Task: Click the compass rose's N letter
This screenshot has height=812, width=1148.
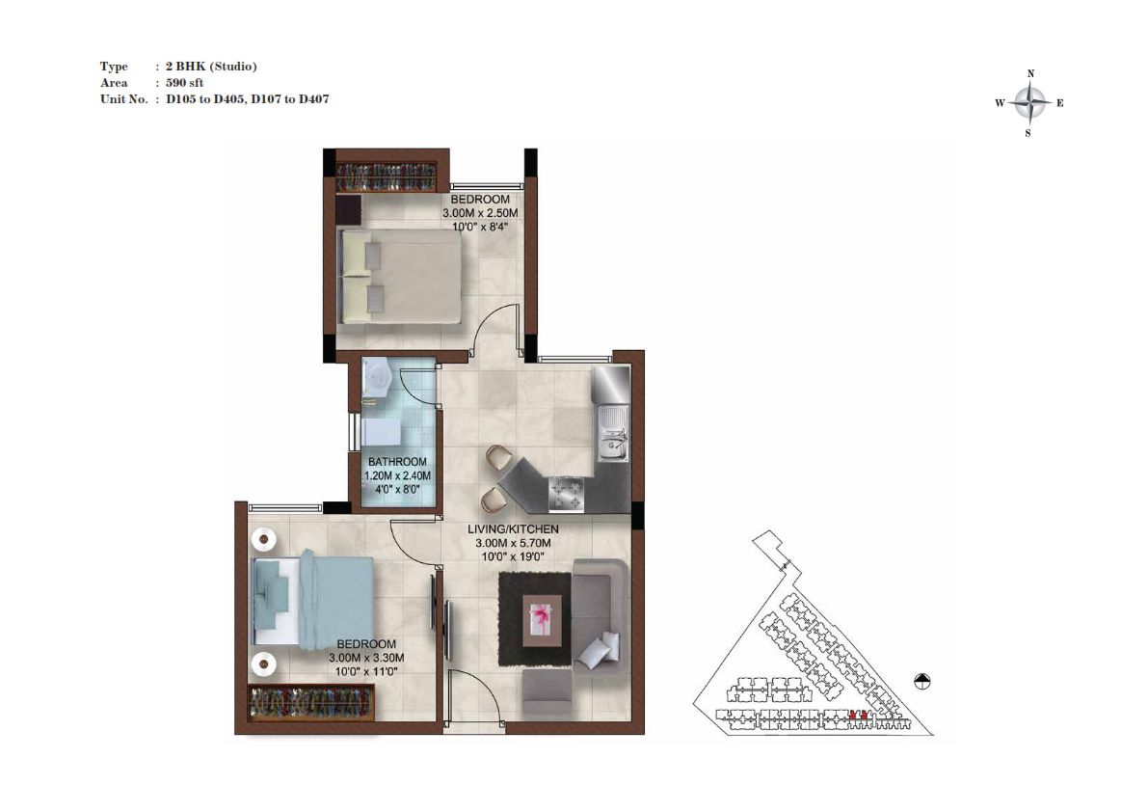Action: click(1030, 73)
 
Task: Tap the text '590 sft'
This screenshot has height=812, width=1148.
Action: click(184, 83)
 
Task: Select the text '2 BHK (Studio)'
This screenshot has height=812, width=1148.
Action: click(211, 66)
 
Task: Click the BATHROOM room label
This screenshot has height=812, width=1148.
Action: click(397, 462)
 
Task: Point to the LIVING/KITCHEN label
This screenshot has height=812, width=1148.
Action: click(513, 528)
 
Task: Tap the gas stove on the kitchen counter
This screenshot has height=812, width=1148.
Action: click(568, 493)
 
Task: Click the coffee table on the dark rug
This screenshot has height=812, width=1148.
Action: click(541, 620)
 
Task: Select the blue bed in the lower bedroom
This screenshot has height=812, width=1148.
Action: click(312, 601)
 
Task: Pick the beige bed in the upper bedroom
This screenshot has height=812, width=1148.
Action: click(400, 276)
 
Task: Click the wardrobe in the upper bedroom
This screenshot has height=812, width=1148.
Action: click(387, 177)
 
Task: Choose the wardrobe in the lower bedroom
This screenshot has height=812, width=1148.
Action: click(312, 703)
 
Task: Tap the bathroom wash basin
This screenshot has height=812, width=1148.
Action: click(378, 377)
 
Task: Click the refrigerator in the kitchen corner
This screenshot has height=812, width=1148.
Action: click(610, 385)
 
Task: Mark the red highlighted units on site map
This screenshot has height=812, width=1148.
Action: click(857, 715)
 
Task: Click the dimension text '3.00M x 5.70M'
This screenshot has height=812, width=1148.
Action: click(513, 543)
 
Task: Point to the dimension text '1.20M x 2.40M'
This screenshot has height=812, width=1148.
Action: click(397, 476)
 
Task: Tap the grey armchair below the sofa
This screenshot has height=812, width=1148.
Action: click(547, 695)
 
